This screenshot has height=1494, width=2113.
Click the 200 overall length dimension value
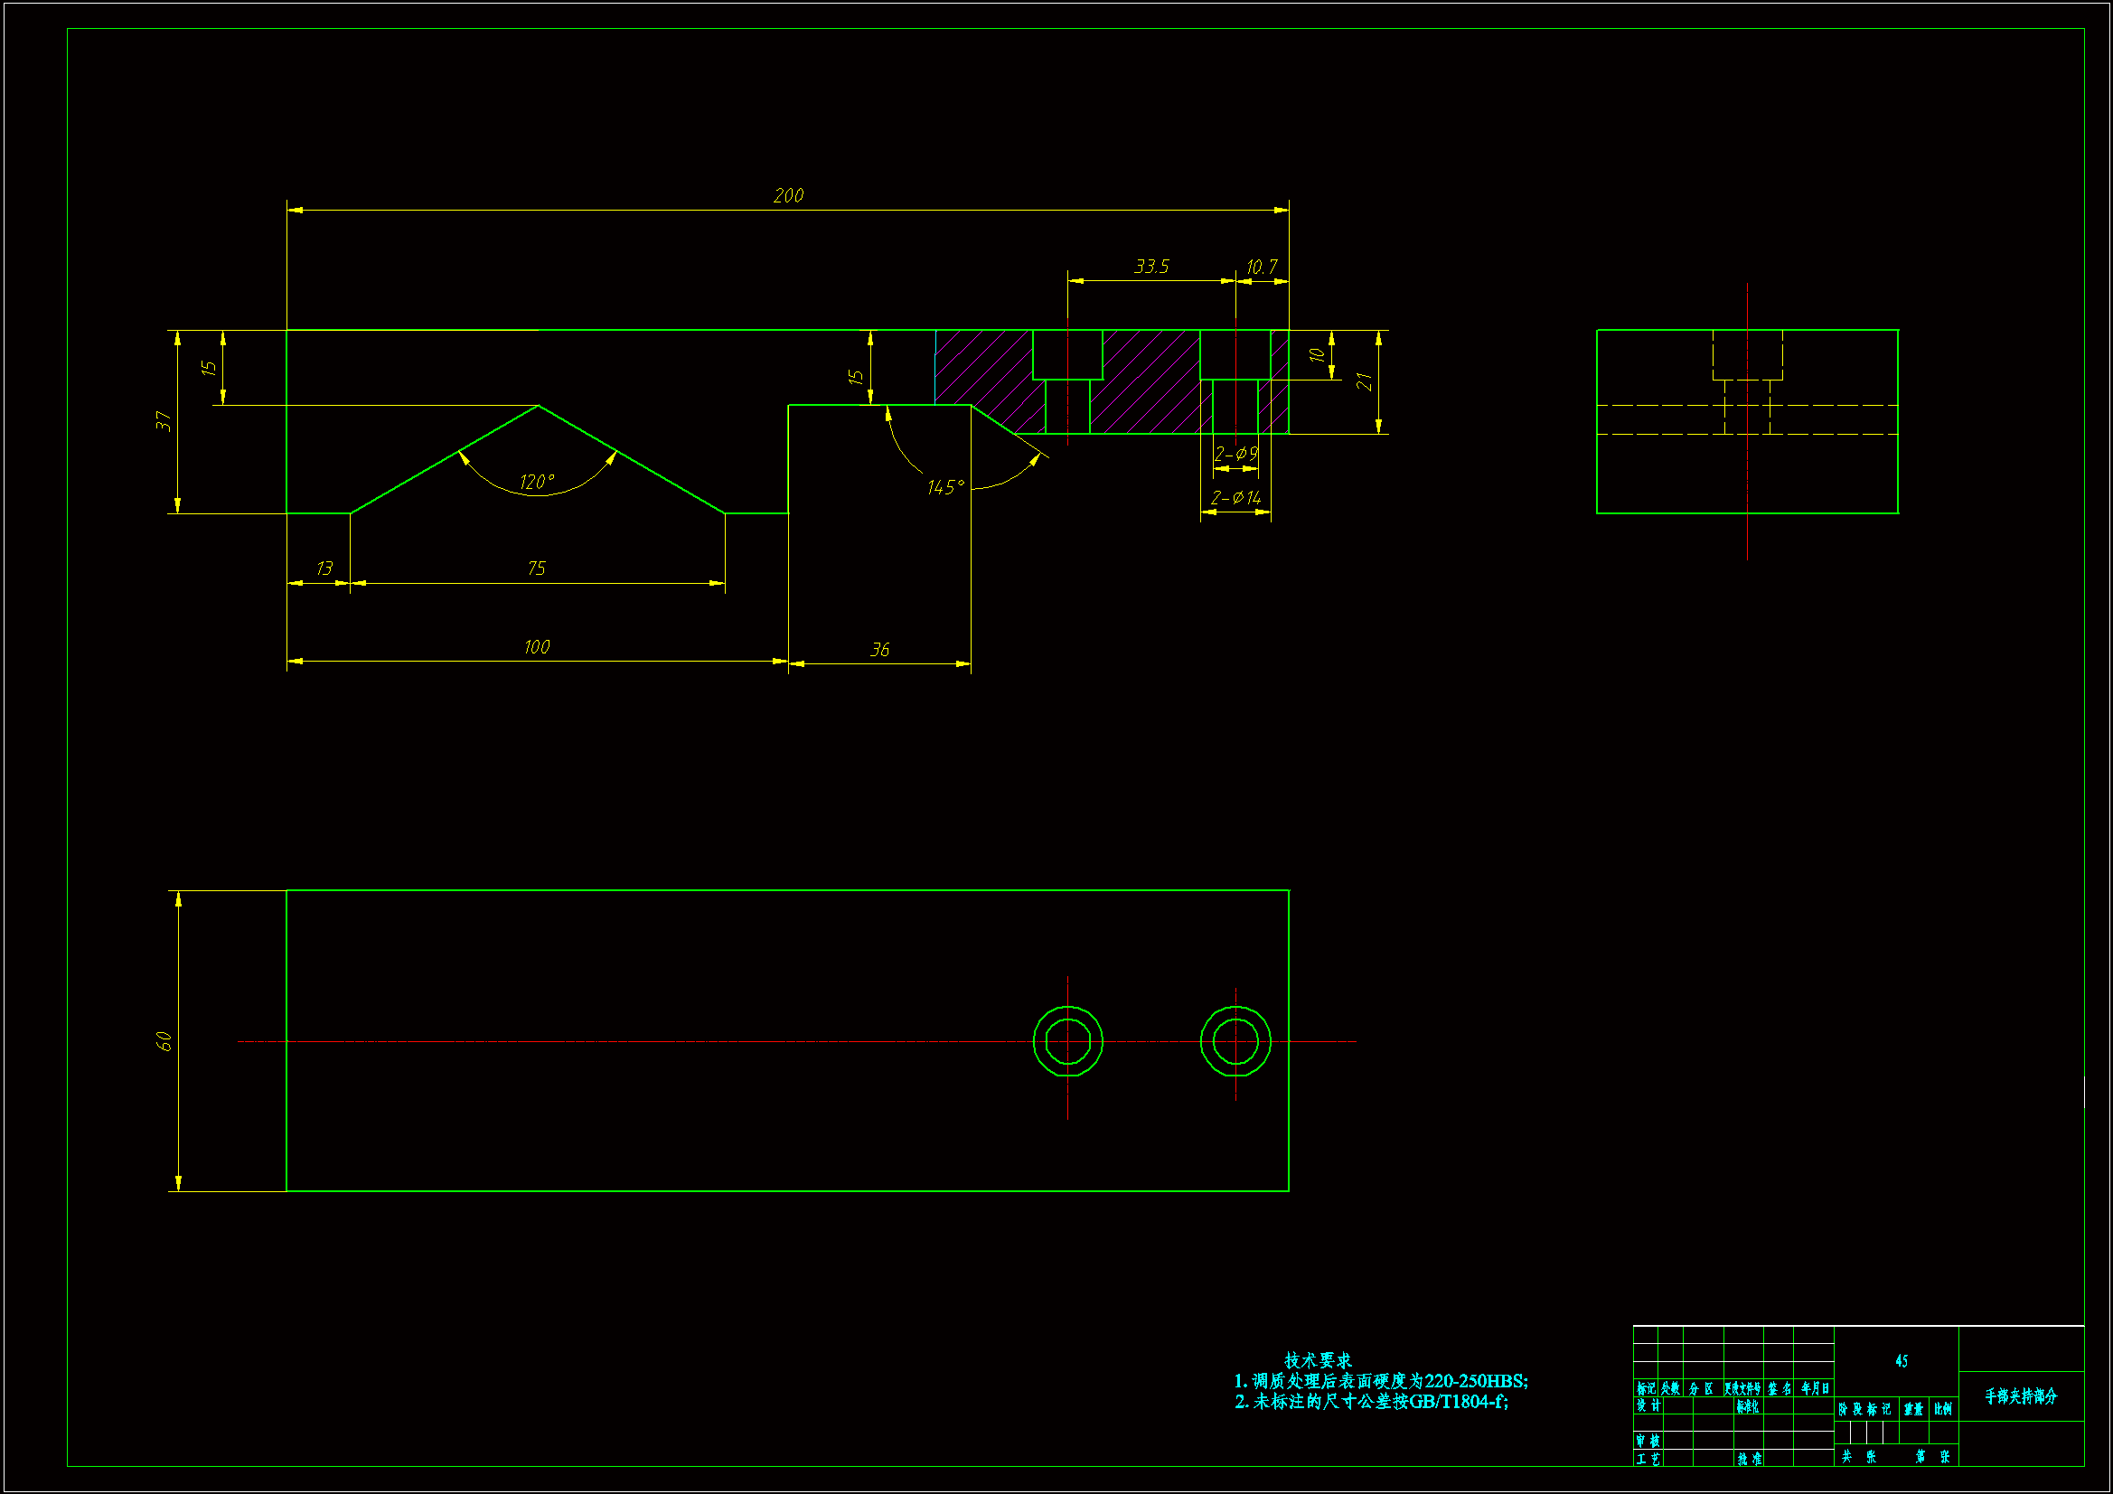[x=789, y=195]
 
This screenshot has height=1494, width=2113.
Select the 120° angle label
[x=537, y=483]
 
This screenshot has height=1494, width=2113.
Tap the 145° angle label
[x=945, y=487]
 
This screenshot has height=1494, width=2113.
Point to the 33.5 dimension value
[x=1151, y=267]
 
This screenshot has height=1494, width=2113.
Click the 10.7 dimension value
[x=1262, y=267]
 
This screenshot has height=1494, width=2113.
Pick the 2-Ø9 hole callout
[x=1235, y=454]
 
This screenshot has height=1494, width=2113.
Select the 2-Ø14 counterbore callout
[x=1235, y=498]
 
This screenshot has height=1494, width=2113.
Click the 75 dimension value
[x=537, y=568]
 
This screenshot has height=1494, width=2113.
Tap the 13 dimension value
[x=324, y=568]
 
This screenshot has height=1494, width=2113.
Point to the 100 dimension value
[x=537, y=647]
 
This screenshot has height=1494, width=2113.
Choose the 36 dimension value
[x=879, y=650]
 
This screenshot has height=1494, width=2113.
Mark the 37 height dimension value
[x=164, y=421]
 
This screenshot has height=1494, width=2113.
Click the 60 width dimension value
[x=164, y=1041]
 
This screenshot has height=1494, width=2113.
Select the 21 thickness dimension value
[x=1364, y=381]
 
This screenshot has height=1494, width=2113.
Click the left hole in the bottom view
[x=1067, y=1041]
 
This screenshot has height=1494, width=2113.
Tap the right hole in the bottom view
[x=1235, y=1041]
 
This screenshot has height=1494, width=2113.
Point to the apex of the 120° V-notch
[x=539, y=406]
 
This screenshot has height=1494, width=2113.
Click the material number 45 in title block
[x=1902, y=1360]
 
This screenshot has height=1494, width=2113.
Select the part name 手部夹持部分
[x=2020, y=1396]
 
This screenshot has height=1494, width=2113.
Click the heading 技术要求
[x=1318, y=1359]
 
